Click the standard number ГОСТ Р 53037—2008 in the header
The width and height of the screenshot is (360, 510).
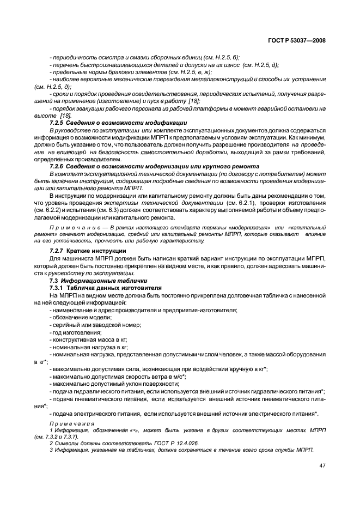click(301, 40)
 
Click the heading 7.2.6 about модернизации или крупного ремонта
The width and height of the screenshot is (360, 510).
click(154, 166)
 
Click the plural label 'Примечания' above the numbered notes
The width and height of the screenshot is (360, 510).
click(71, 423)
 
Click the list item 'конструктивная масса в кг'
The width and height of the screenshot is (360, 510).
click(87, 339)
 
